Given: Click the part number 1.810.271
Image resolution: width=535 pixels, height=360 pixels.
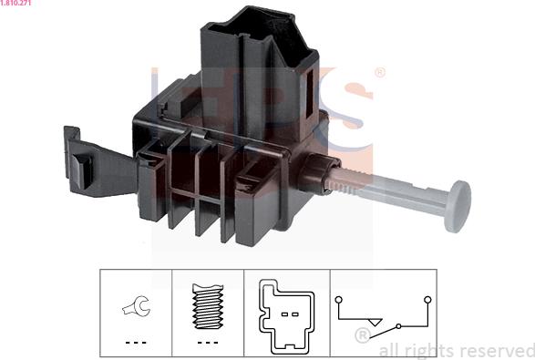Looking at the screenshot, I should point(16,5).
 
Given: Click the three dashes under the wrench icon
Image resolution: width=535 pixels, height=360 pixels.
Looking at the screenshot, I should point(136,342).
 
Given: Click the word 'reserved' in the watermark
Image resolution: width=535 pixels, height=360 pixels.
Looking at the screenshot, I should point(497,350).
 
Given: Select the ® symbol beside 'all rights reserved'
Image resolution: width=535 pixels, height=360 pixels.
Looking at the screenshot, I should point(361,335).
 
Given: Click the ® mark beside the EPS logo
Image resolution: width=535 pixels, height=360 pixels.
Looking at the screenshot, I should point(379,72).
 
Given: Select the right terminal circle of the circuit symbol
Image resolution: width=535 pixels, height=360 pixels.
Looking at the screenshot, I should point(425,299).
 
